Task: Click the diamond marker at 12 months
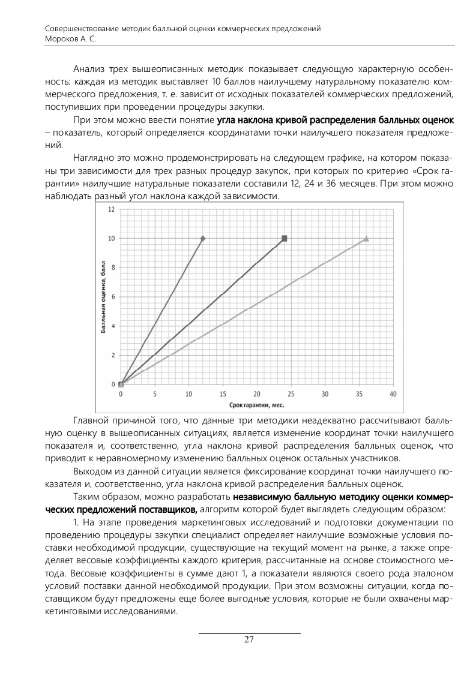[202, 239]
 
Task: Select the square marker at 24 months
[284, 239]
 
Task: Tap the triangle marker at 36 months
[366, 239]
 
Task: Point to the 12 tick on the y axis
[112, 209]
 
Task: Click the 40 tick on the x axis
[393, 394]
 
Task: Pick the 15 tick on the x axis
[223, 394]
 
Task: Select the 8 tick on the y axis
[113, 268]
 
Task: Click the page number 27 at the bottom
[249, 639]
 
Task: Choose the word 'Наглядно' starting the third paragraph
[91, 158]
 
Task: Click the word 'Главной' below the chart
[89, 418]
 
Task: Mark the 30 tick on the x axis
[325, 394]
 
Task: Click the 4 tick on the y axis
[113, 326]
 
